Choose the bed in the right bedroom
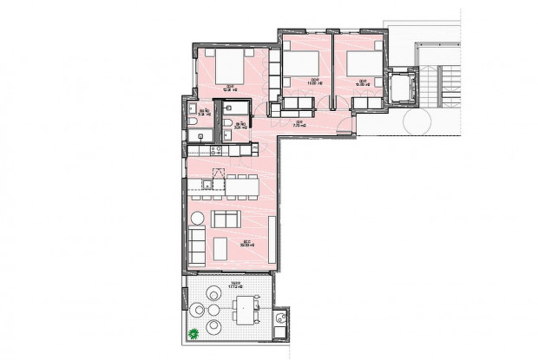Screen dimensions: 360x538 pos(358,64)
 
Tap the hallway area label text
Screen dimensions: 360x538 pos(297,123)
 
